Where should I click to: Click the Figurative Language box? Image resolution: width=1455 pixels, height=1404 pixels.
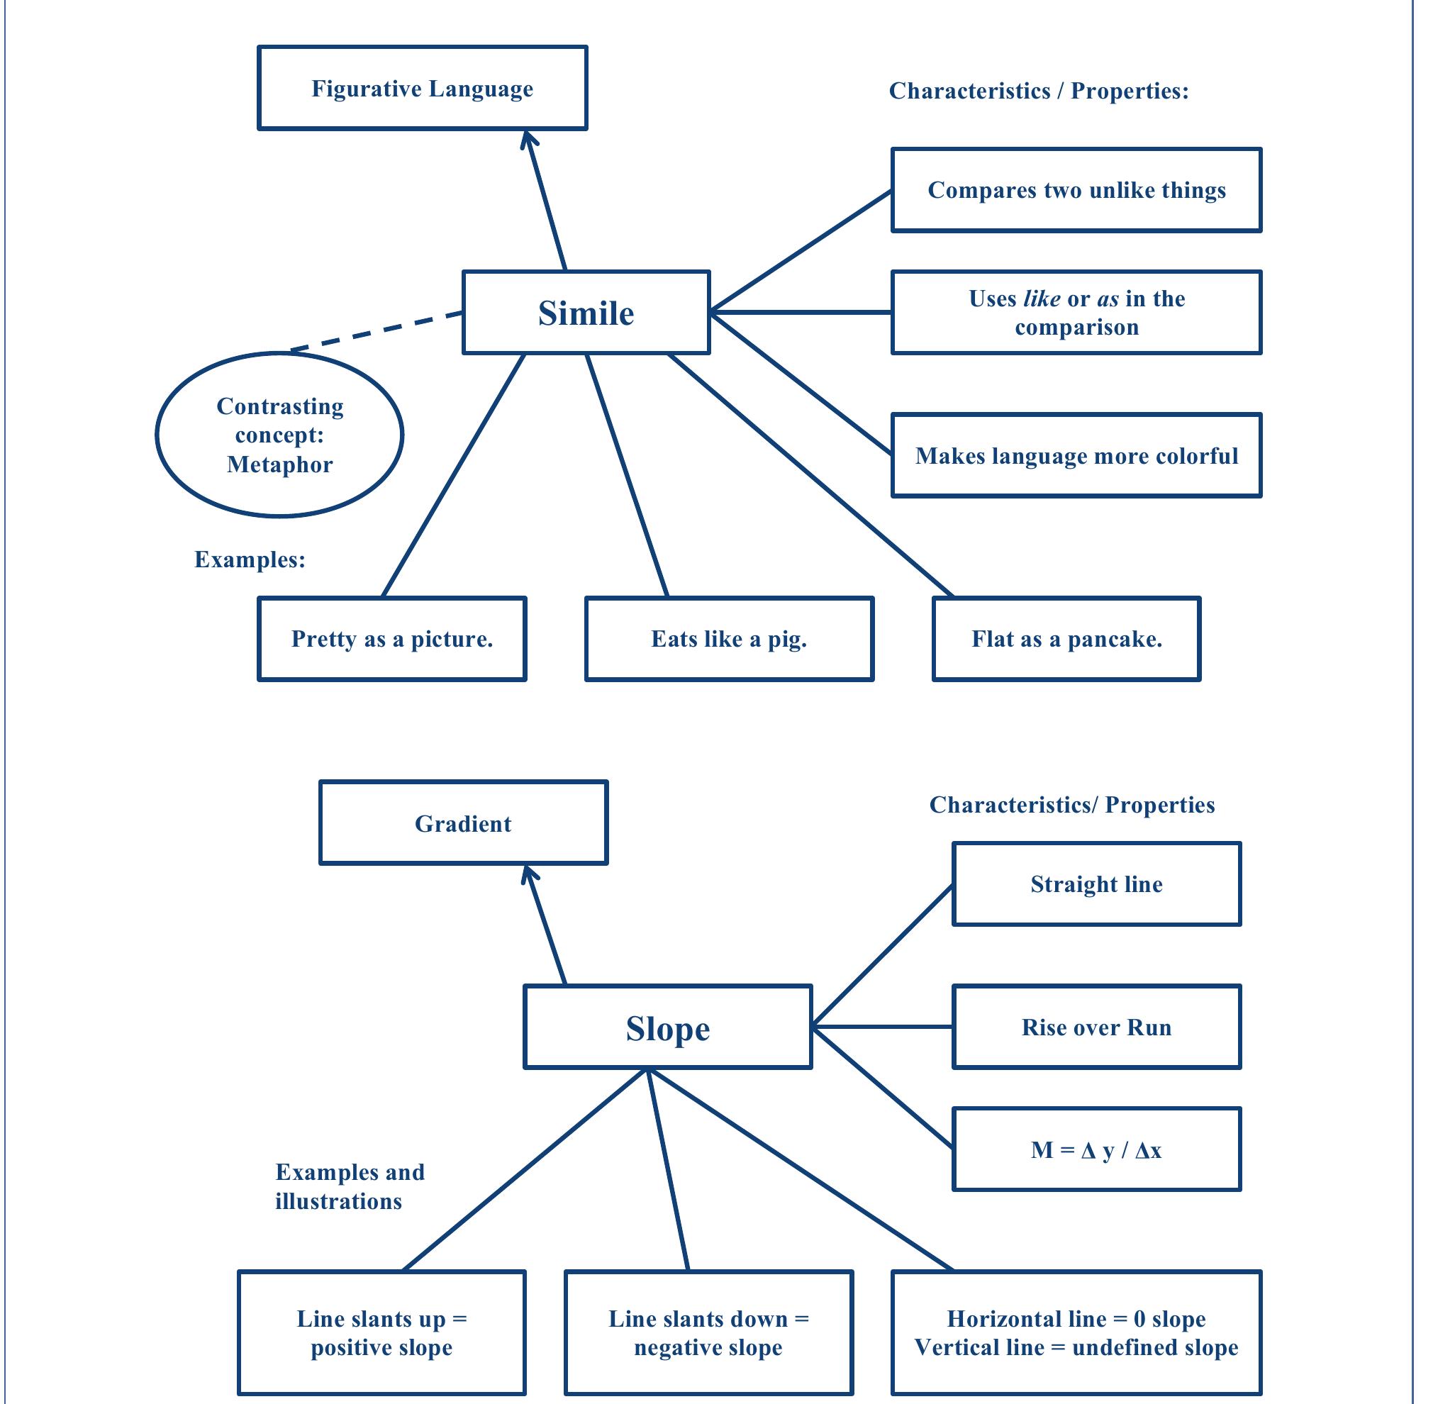(x=422, y=89)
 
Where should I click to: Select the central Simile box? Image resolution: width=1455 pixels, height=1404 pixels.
(x=586, y=313)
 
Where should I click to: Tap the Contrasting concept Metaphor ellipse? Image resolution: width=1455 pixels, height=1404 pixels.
(x=279, y=435)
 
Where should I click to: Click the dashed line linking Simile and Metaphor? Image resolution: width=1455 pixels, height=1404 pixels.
(x=377, y=330)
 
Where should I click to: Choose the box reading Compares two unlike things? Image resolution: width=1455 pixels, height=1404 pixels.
(x=1076, y=190)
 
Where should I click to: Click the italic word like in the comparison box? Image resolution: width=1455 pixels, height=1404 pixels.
(x=1042, y=299)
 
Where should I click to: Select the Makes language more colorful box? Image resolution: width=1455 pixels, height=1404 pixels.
(x=1076, y=455)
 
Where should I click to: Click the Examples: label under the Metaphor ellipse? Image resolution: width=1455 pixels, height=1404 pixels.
(x=250, y=559)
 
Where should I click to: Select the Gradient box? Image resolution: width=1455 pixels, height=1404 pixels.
(x=462, y=823)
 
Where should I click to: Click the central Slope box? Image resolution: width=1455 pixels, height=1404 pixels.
(x=667, y=1027)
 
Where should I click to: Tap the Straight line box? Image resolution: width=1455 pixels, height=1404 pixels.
(x=1096, y=884)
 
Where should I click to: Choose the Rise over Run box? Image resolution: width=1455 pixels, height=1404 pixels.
(x=1096, y=1027)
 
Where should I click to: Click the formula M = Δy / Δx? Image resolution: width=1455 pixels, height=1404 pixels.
(x=1096, y=1149)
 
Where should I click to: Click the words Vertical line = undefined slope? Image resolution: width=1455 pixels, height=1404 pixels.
(x=1076, y=1347)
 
